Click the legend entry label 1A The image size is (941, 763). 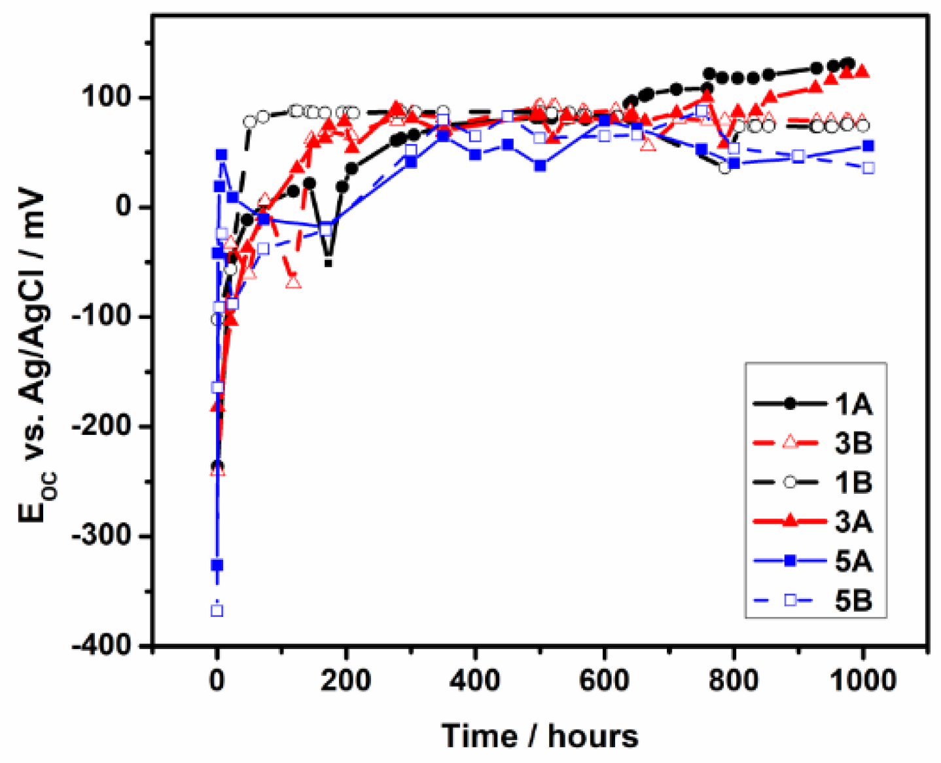pos(853,405)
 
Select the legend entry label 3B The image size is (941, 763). pos(853,443)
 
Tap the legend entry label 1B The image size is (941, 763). pos(853,483)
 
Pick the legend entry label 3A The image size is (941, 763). pos(853,522)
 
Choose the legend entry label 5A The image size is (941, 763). pos(853,561)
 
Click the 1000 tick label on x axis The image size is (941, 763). pos(862,680)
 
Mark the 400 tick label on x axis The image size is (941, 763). pos(475,680)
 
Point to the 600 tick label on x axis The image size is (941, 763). pos(604,680)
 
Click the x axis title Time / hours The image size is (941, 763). pos(540,736)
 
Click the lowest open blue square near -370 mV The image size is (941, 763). pos(217,610)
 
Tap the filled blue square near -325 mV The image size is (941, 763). pos(217,565)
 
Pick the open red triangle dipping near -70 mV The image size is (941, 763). pos(293,282)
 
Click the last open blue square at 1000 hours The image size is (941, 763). pos(868,168)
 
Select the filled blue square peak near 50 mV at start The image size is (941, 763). pos(222,155)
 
